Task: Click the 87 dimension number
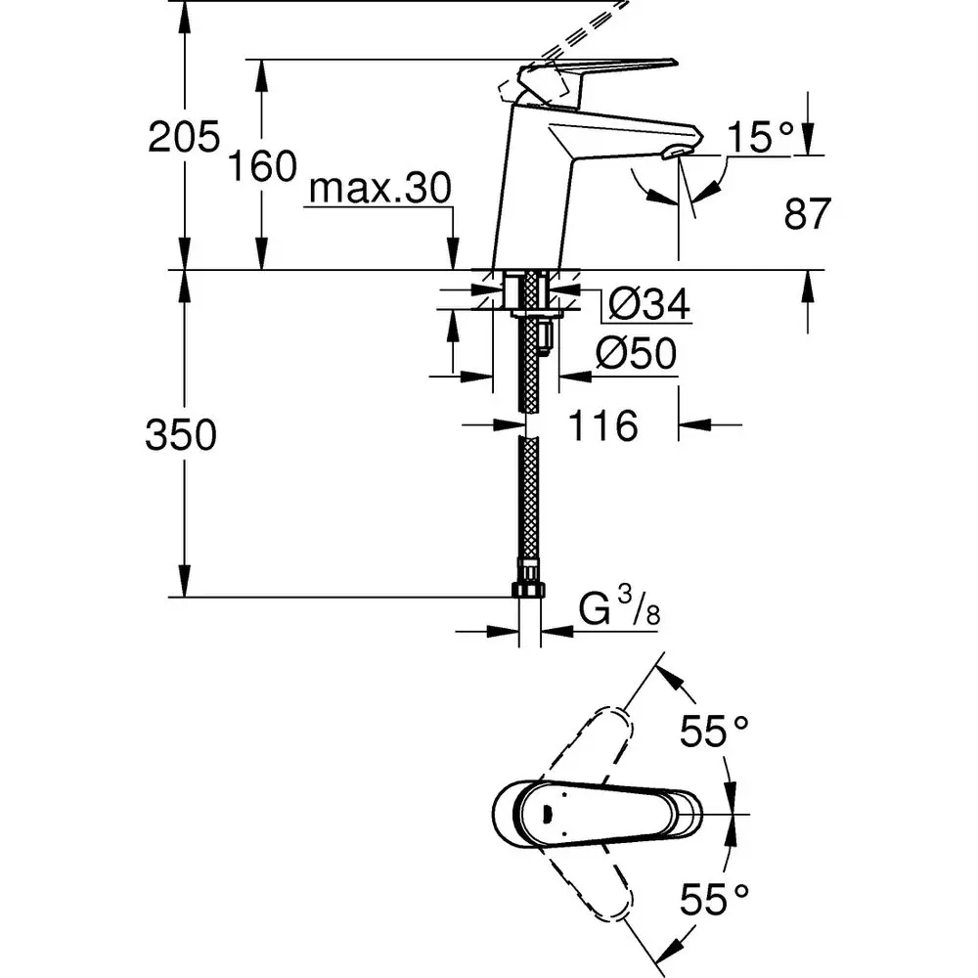pos(807,213)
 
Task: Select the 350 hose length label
pos(180,436)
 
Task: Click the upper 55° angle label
pos(715,731)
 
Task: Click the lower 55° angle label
pos(715,893)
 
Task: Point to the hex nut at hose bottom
pos(528,590)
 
